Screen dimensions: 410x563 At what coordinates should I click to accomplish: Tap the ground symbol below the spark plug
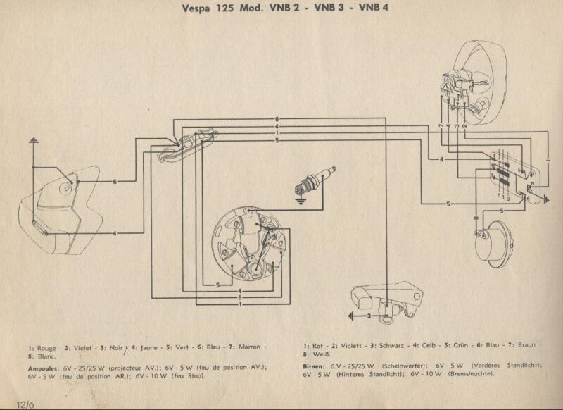point(302,202)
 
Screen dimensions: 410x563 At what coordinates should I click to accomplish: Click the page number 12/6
point(12,402)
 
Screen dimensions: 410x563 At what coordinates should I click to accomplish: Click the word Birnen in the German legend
point(317,366)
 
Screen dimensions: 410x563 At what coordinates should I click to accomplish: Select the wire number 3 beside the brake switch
point(369,316)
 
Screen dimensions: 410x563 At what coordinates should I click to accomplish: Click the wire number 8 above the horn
point(476,219)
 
